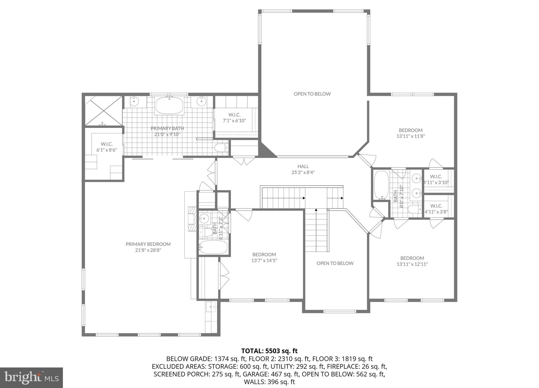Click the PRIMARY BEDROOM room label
pos(148,244)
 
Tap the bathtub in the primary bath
pos(169,106)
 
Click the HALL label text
pos(303,166)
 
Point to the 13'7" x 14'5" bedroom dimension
pos(264,261)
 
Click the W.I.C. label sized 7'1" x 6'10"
pos(234,115)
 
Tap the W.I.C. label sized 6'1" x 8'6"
pos(107,144)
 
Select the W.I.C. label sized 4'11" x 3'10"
pos(436,177)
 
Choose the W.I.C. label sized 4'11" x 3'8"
pos(436,206)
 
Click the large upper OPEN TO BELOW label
pos(312,94)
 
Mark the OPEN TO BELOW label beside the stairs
pos(335,263)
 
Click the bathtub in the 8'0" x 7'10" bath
pos(381,185)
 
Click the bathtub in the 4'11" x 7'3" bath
pos(213,247)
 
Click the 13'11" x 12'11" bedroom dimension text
pos(412,264)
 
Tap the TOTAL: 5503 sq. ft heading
pos(269,351)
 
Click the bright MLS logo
pos(31,378)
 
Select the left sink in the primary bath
pos(134,101)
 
